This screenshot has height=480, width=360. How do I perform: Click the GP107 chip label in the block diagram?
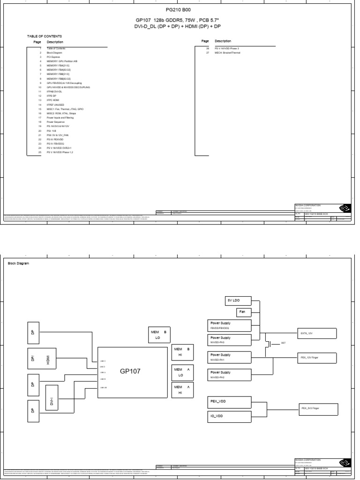tap(130, 371)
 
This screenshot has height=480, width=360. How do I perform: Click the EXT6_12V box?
tap(317, 334)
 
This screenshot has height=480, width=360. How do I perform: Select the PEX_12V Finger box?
tap(317, 358)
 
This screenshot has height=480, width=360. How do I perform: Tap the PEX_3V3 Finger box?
tap(317, 408)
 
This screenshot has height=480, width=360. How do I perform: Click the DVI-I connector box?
tap(52, 401)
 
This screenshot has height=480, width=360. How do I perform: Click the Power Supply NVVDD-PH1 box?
tap(230, 358)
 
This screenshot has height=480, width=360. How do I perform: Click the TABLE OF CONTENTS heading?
tap(45, 36)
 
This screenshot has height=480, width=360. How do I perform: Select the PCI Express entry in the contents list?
tap(53, 57)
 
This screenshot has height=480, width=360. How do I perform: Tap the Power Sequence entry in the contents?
tap(55, 122)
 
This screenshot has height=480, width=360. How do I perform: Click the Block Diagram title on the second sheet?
tap(19, 263)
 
